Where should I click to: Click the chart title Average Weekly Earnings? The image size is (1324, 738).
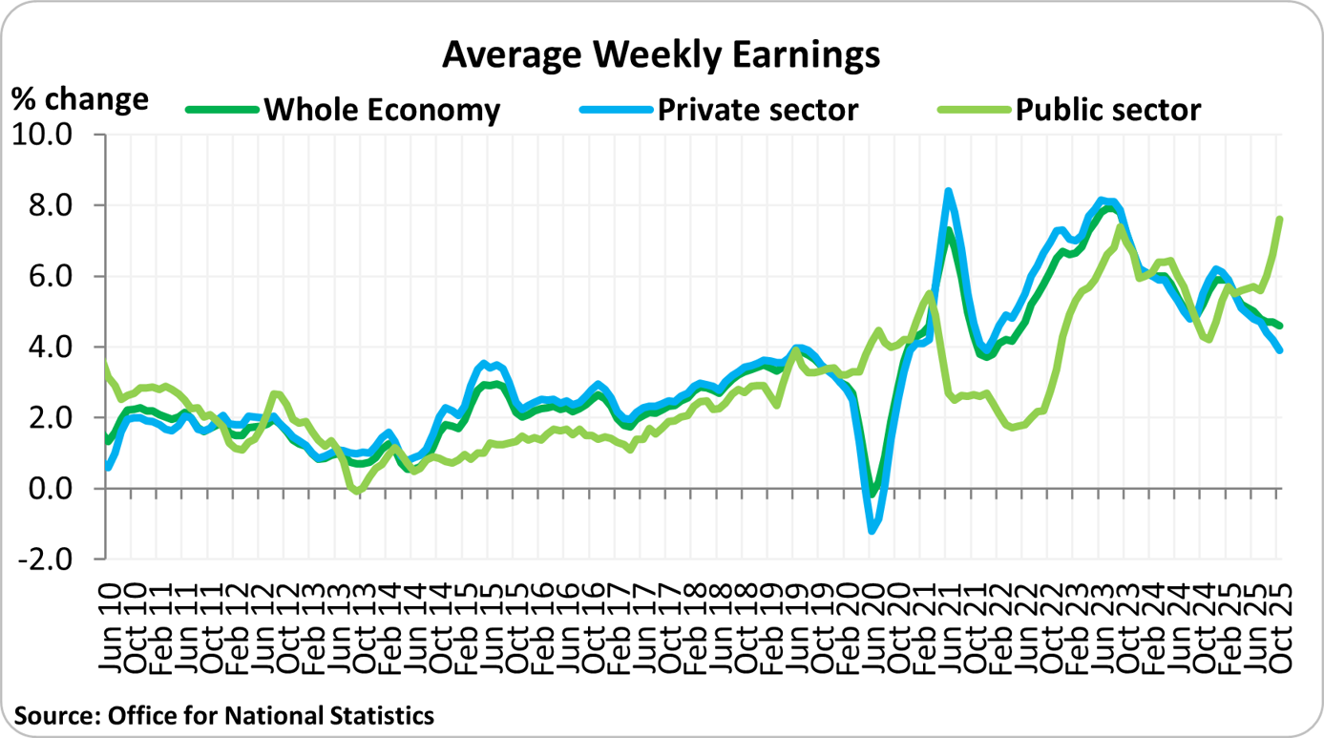pyautogui.click(x=661, y=55)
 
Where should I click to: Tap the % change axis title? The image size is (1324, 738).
pyautogui.click(x=80, y=99)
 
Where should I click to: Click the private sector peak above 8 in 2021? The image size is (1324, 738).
pyautogui.click(x=948, y=191)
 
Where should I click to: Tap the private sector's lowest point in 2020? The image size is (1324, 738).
pyautogui.click(x=872, y=530)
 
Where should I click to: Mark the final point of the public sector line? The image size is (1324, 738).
pyautogui.click(x=1279, y=219)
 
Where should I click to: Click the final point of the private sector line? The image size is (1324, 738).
pyautogui.click(x=1279, y=350)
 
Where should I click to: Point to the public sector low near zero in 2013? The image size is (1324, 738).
pyautogui.click(x=358, y=492)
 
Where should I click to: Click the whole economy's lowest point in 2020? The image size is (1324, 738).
pyautogui.click(x=872, y=493)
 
